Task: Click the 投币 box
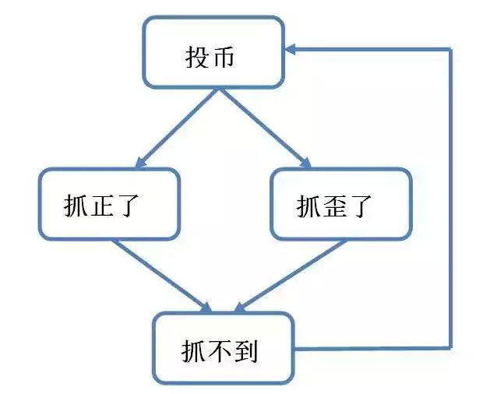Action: pyautogui.click(x=212, y=51)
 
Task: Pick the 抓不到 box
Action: pyautogui.click(x=224, y=348)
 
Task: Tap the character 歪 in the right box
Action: pyautogui.click(x=336, y=207)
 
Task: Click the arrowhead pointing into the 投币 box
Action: pyautogui.click(x=291, y=49)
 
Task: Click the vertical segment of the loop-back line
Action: pyautogui.click(x=450, y=195)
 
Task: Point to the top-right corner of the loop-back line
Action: pyautogui.click(x=450, y=49)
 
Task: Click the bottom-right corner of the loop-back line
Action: pyautogui.click(x=450, y=347)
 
